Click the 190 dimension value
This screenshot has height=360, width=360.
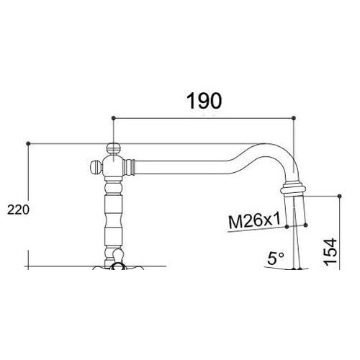(203, 101)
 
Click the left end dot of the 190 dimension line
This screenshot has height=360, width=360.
(114, 117)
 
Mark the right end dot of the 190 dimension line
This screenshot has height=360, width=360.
(294, 117)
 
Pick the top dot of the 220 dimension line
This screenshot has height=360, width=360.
(28, 143)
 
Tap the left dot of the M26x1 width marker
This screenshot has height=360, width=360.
(287, 226)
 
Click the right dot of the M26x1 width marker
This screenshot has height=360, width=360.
(309, 224)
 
